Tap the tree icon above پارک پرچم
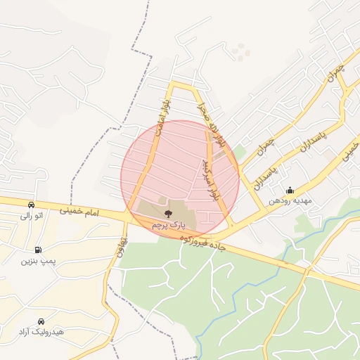tap(167, 213)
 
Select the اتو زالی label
tap(33, 216)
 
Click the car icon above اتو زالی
tap(32, 205)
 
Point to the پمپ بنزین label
tap(37, 261)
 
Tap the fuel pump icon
tap(37, 250)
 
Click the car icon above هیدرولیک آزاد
tap(41, 321)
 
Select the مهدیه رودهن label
tap(289, 201)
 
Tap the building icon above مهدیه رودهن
tap(290, 190)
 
